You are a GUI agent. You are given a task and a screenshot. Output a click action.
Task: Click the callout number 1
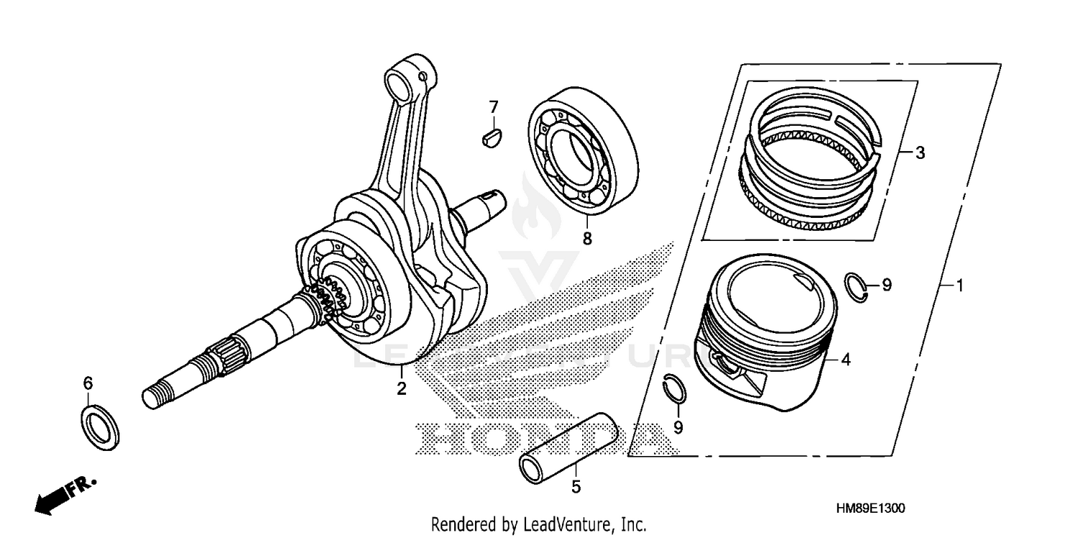coord(958,286)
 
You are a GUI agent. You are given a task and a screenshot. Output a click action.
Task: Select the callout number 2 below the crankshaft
coord(402,389)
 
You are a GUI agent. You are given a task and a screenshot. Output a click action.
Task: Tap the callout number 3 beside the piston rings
coord(920,152)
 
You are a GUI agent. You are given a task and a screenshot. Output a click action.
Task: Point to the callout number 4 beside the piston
coord(846,360)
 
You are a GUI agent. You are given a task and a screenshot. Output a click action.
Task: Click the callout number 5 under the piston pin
coord(576,487)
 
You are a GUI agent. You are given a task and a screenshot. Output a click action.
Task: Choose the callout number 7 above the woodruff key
coord(493,107)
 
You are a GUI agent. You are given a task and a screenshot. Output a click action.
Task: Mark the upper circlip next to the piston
coord(857,286)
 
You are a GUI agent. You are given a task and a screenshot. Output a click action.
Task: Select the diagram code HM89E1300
coord(870,508)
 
